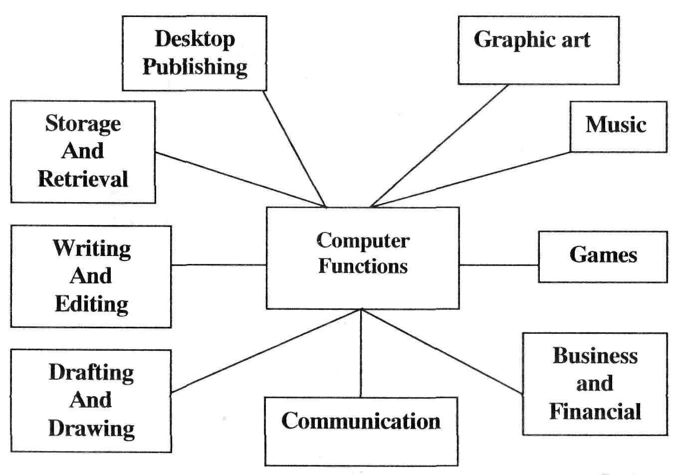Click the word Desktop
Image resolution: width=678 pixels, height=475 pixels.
[195, 39]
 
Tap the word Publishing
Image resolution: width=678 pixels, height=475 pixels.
[195, 67]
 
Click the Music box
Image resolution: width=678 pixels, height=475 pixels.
[618, 126]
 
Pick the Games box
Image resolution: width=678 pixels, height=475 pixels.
[603, 256]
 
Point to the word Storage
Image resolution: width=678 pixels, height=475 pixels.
[83, 124]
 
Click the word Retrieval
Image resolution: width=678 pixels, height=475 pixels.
[83, 179]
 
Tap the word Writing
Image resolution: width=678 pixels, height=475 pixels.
[92, 248]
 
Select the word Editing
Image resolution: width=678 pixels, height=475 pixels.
[91, 304]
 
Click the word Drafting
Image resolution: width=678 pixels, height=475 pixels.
[91, 372]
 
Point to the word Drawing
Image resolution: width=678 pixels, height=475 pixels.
[91, 428]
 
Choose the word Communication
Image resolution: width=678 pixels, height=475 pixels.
[361, 421]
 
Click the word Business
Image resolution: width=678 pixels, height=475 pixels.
[595, 356]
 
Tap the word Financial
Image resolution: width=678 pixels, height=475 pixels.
[595, 412]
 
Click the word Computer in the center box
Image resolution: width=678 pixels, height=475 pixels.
[363, 240]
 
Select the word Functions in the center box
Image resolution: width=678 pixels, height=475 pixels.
[363, 266]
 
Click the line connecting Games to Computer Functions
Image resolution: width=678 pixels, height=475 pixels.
[498, 265]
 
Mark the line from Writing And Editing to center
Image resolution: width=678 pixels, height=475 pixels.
[219, 265]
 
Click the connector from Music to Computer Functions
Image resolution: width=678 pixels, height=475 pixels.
[471, 180]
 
